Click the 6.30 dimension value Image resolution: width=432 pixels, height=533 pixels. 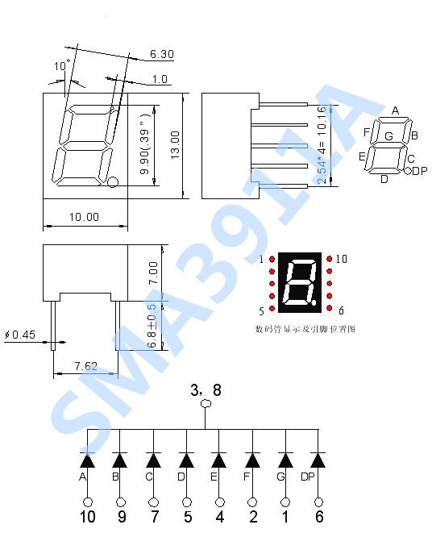coord(162,55)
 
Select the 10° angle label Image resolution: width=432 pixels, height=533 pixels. coord(62,65)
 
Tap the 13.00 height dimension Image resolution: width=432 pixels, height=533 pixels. coord(175,146)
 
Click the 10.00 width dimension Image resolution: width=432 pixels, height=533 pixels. coord(83,217)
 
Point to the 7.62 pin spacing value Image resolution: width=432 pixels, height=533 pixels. coord(85,366)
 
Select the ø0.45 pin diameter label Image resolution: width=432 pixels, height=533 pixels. coord(20,335)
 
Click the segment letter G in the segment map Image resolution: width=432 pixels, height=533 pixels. coord(388,136)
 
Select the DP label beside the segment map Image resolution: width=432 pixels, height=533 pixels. coord(420,171)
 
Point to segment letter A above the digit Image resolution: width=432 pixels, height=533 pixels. coord(395,110)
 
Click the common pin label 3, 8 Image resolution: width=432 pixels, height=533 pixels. coord(205,390)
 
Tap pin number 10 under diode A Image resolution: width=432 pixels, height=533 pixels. coord(87,516)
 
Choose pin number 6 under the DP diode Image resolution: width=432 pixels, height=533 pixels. coord(318,516)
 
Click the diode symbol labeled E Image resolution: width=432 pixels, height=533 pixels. coord(218,460)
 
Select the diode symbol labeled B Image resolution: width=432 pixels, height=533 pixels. coord(120,460)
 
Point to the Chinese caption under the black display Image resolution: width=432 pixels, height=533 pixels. coord(305,329)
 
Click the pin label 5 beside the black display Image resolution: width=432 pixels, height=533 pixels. coord(261,311)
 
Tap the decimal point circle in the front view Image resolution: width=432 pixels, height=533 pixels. coord(113,182)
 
